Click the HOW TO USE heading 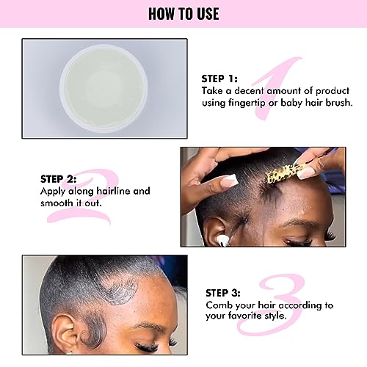click(183, 14)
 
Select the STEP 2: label click(59, 178)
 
